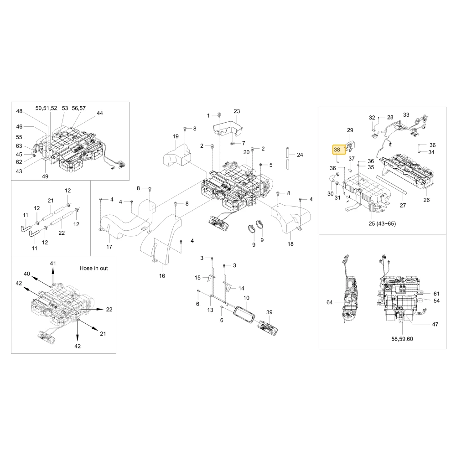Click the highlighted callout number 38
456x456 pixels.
(337, 150)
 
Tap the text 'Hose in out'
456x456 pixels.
(93, 268)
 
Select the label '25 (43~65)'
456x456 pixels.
(382, 223)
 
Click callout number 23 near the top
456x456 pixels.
(237, 111)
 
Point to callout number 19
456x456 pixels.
(176, 136)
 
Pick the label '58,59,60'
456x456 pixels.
(402, 339)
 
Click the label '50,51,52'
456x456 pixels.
(46, 108)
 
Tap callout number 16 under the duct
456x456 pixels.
(162, 276)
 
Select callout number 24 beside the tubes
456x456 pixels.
(300, 155)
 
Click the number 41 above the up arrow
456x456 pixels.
(52, 263)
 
